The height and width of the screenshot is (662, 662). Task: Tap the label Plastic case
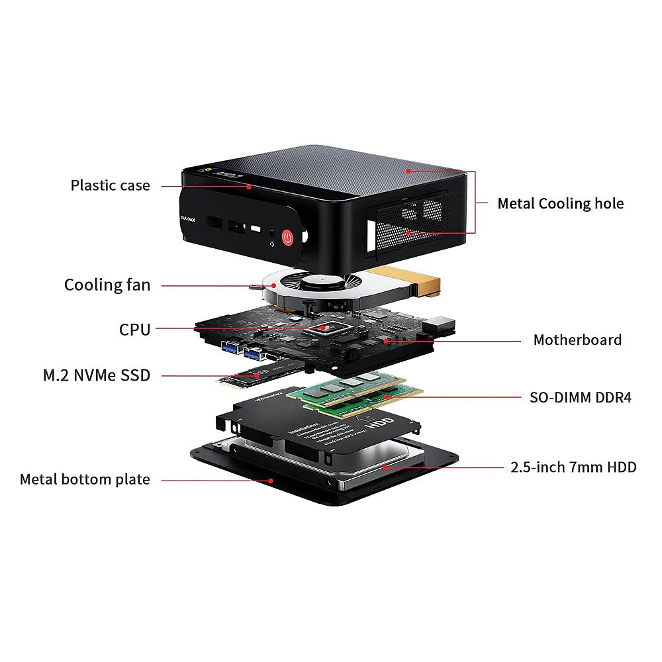[111, 185]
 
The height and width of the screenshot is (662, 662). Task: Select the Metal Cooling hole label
[560, 203]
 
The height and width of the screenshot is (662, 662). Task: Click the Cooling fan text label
[107, 285]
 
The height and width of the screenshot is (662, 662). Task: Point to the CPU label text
[135, 329]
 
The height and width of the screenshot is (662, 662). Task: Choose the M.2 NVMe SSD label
[97, 375]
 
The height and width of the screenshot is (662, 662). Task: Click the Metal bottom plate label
[85, 479]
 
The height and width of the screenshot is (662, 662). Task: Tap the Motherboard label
[577, 340]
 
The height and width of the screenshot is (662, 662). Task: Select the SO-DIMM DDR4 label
[581, 397]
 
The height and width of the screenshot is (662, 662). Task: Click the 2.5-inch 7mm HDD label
[573, 467]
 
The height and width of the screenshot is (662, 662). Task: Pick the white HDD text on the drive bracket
[381, 424]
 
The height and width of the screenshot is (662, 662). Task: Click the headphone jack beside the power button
[271, 232]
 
